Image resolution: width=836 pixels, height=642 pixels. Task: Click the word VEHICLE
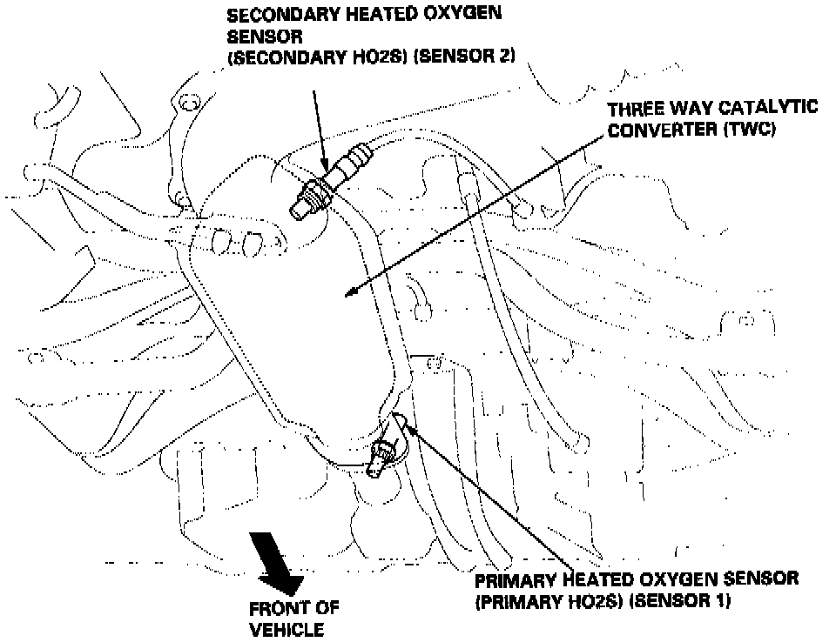287,629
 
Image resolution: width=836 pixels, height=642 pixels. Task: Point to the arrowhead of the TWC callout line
349,294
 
